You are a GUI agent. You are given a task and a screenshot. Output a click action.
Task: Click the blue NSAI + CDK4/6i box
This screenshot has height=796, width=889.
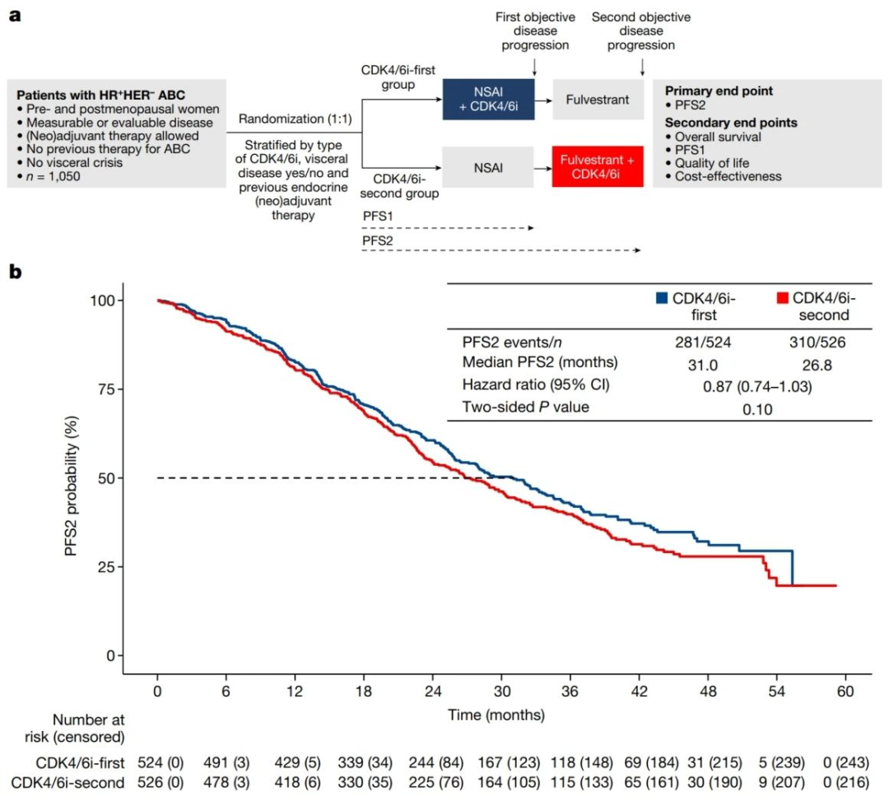tap(489, 100)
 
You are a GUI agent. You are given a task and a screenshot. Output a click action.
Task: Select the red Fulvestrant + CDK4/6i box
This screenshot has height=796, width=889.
tap(597, 167)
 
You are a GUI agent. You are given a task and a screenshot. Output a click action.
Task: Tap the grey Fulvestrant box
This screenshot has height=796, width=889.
tap(597, 100)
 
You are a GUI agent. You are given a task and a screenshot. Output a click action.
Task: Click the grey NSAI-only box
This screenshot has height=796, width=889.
tap(489, 167)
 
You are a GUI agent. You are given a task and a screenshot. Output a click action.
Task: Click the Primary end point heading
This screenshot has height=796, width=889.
tap(719, 91)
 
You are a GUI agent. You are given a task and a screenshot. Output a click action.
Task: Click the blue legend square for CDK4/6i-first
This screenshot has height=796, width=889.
tap(660, 297)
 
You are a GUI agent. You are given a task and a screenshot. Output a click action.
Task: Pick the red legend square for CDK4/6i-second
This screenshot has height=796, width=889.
tap(783, 297)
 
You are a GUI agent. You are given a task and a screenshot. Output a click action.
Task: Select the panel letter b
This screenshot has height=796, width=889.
tap(14, 272)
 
